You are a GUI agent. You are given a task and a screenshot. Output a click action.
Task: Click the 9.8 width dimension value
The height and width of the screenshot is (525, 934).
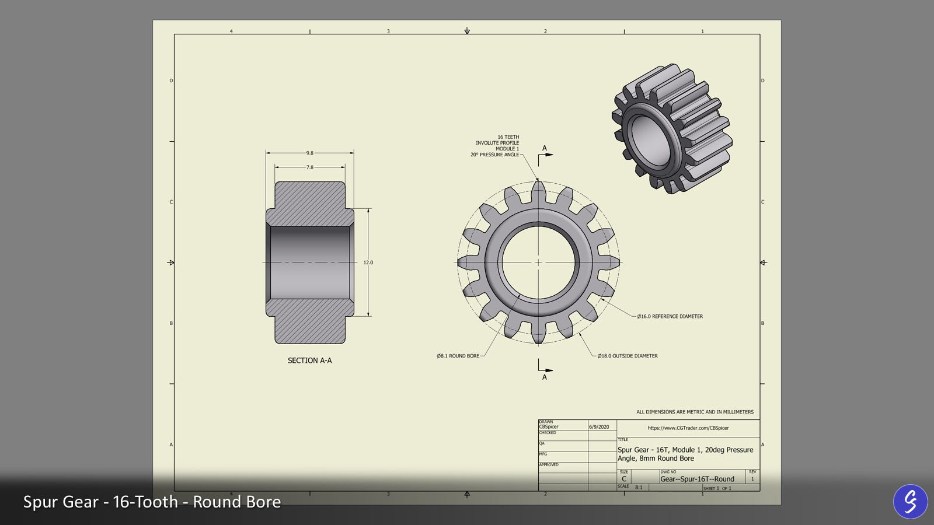[309, 153]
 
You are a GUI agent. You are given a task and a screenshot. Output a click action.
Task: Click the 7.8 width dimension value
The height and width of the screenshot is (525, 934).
[309, 167]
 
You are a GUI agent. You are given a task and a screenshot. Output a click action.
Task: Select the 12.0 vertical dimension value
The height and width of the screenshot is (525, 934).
[368, 262]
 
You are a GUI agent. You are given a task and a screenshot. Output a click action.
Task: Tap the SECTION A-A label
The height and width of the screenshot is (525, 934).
[309, 360]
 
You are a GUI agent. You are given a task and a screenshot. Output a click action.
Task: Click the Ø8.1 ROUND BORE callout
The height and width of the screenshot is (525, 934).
[458, 356]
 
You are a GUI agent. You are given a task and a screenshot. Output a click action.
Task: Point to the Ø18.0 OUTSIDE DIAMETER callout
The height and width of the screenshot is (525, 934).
[628, 356]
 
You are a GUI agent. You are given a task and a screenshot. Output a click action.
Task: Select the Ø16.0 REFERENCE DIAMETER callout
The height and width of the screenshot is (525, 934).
[670, 316]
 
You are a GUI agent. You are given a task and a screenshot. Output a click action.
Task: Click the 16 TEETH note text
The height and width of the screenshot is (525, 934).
[508, 137]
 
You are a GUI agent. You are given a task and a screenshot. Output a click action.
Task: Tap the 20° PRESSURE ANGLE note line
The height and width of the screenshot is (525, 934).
[494, 155]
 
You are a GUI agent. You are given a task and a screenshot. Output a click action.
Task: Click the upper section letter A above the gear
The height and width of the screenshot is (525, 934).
[545, 148]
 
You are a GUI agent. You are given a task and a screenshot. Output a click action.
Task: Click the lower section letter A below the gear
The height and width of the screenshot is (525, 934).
[545, 377]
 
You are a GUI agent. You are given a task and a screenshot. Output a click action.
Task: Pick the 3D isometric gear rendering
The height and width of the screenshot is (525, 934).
[671, 128]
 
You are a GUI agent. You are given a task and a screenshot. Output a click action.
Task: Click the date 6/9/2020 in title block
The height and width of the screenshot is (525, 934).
[599, 427]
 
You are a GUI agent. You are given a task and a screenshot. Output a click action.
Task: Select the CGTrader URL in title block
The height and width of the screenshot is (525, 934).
[688, 428]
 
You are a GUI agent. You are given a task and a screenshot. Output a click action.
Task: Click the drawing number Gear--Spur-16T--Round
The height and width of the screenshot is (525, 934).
[697, 479]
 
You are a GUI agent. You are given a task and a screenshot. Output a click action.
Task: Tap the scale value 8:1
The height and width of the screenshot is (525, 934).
[639, 487]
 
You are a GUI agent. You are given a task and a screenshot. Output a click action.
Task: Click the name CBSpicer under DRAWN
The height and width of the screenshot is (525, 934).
[549, 427]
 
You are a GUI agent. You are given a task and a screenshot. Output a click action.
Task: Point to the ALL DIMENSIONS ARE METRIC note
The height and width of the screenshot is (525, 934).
[695, 412]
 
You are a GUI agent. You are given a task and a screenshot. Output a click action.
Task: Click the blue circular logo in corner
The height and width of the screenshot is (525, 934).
[910, 501]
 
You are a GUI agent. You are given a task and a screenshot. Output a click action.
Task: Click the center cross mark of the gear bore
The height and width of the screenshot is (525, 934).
[538, 262]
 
